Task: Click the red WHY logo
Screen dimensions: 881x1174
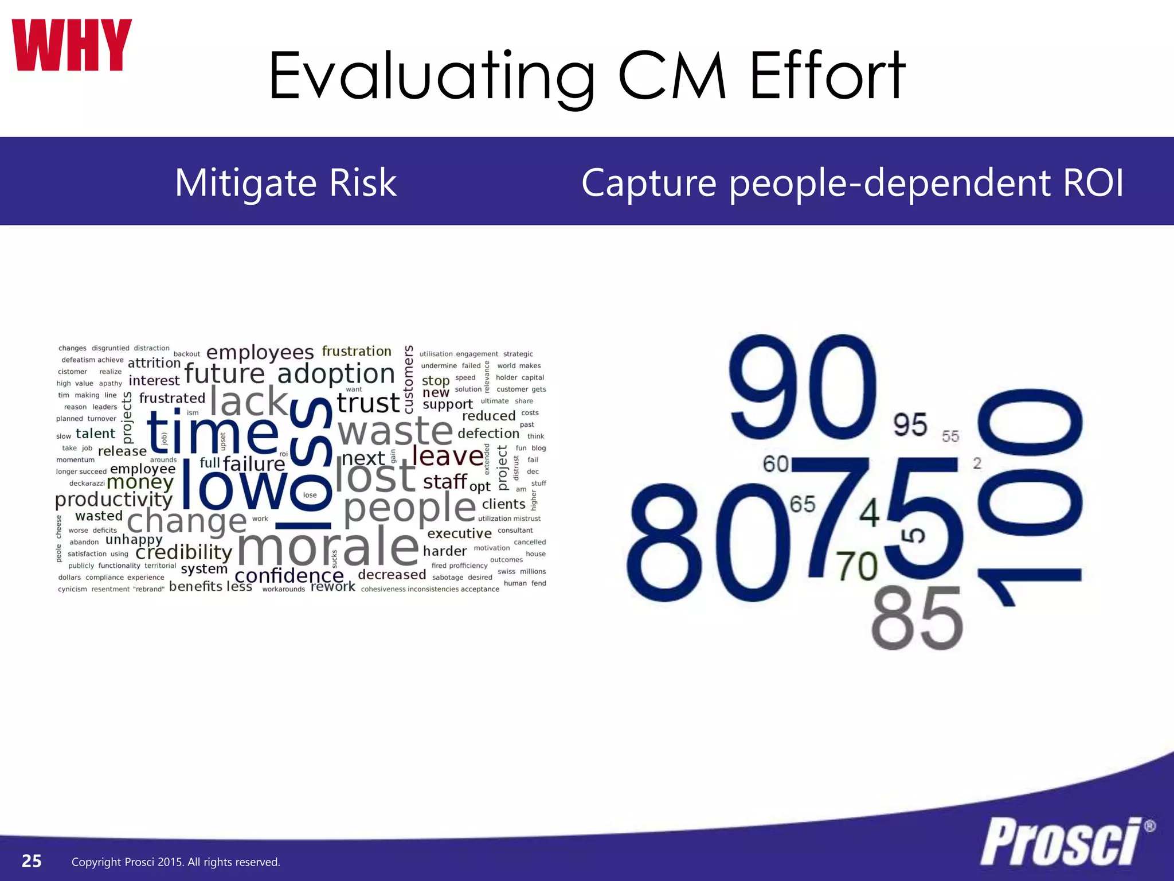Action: click(72, 45)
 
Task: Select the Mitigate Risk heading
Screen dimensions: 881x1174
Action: click(285, 182)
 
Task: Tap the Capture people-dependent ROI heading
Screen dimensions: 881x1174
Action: click(852, 182)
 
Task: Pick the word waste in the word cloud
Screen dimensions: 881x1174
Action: click(396, 431)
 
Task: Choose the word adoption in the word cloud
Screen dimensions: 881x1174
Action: click(336, 374)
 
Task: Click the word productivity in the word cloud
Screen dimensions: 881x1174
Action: click(114, 500)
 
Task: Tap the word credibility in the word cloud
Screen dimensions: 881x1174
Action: click(183, 552)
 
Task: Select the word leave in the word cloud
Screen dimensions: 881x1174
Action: click(448, 457)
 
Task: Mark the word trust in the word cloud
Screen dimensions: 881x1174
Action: click(368, 403)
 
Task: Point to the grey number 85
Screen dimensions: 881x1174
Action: click(917, 619)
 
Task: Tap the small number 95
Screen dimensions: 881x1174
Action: click(910, 425)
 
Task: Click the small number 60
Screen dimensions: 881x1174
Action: click(776, 464)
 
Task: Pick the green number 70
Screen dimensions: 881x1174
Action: click(856, 566)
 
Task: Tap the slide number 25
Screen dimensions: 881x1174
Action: click(32, 861)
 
